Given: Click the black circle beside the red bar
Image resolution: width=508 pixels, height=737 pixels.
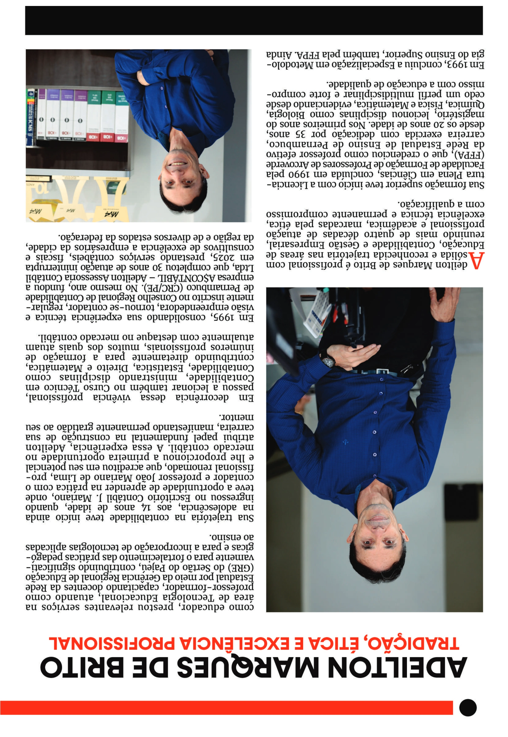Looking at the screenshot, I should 468,708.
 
